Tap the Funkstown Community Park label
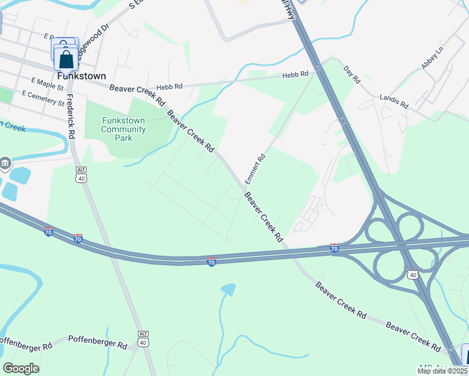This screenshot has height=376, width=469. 124,129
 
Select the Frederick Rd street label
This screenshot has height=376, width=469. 71,116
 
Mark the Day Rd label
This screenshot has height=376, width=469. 352,73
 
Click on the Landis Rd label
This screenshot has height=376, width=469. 394,101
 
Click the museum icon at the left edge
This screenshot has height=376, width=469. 5,164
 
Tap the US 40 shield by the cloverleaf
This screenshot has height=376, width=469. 413,274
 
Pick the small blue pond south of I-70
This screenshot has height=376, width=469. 229,289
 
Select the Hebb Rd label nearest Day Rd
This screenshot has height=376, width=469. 296,75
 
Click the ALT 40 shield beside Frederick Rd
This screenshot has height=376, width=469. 81,174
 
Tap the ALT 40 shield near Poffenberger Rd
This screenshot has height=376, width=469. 144,338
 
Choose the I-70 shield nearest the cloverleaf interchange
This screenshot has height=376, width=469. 335,248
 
